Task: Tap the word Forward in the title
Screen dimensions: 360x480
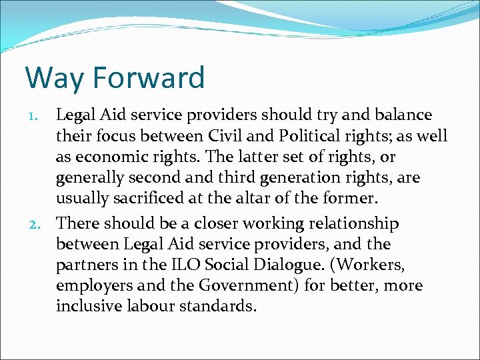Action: click(x=149, y=78)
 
